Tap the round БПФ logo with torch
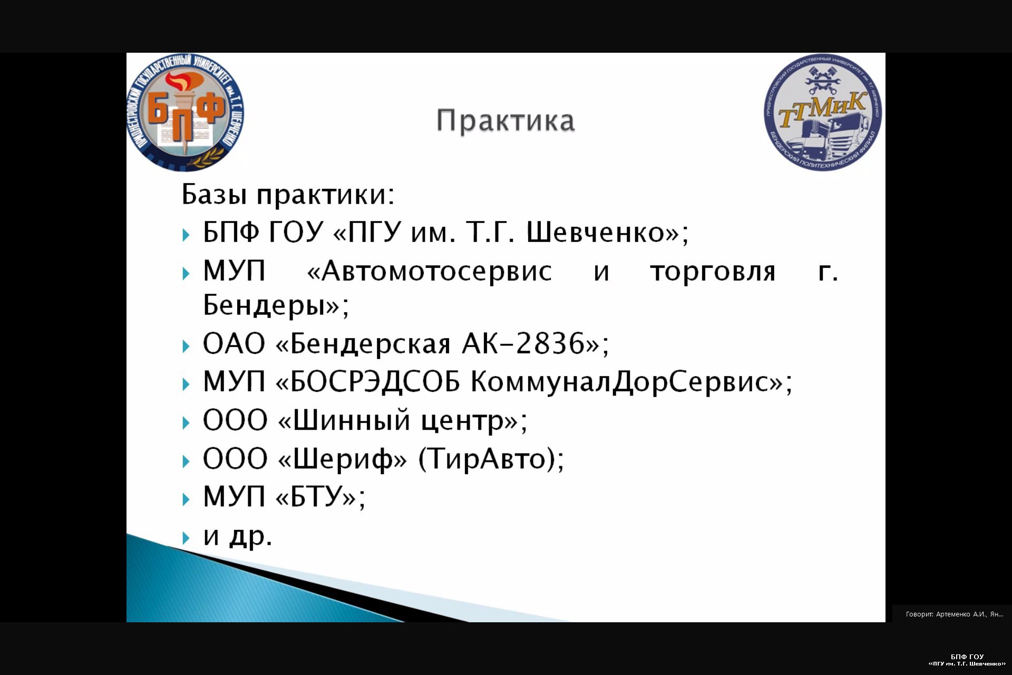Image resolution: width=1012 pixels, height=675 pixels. (186, 112)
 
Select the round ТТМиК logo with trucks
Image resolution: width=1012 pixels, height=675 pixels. (823, 112)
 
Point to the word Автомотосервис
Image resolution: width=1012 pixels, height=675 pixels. (437, 272)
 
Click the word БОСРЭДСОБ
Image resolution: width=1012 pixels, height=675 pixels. (375, 381)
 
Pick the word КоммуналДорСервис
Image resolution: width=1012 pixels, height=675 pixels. (620, 382)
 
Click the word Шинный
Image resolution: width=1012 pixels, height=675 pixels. (351, 420)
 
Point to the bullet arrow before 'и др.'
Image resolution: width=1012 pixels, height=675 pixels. (186, 538)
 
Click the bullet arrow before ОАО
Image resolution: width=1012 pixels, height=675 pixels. (186, 346)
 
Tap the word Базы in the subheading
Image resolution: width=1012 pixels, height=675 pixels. (214, 194)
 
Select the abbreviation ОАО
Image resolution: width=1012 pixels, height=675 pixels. (233, 344)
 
